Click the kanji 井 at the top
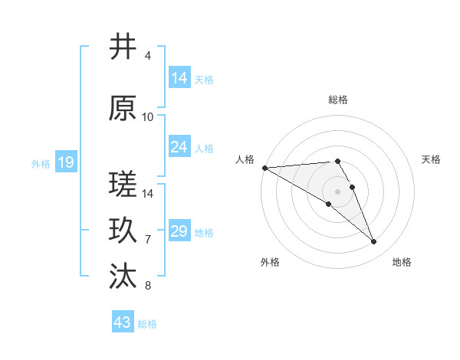pyautogui.click(x=123, y=47)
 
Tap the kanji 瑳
pyautogui.click(x=123, y=185)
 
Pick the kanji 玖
pyautogui.click(x=123, y=231)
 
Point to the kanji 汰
pyautogui.click(x=123, y=277)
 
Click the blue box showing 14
pyautogui.click(x=179, y=78)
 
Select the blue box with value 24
pyautogui.click(x=179, y=147)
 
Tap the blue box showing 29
pyautogui.click(x=179, y=231)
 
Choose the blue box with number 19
pyautogui.click(x=65, y=162)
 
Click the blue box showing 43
pyautogui.click(x=123, y=322)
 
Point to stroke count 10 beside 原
pyautogui.click(x=148, y=117)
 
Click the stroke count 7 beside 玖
pyautogui.click(x=148, y=240)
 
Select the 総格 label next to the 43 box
pyautogui.click(x=147, y=324)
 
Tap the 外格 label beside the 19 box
pyautogui.click(x=41, y=163)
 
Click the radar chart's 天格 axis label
pyautogui.click(x=431, y=159)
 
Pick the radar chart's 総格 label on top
pyautogui.click(x=337, y=100)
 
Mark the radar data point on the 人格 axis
pyautogui.click(x=264, y=167)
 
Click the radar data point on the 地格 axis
pyautogui.click(x=374, y=242)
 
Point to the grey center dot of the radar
pyautogui.click(x=337, y=191)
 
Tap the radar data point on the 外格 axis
pyautogui.click(x=328, y=204)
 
